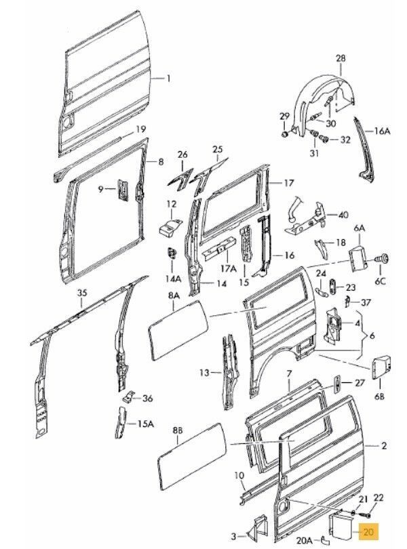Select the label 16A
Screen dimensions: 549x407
[383, 131]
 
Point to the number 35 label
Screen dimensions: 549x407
[82, 293]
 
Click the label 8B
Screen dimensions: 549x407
[178, 430]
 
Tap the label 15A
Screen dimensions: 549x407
[147, 424]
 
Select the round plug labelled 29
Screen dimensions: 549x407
[286, 134]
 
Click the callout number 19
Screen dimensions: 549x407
[140, 129]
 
